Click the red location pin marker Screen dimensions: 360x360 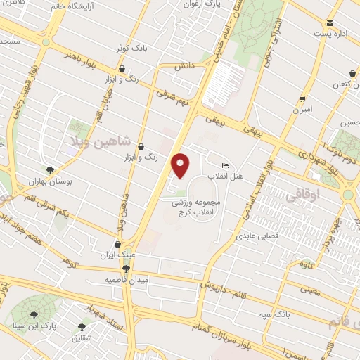pyautogui.click(x=181, y=165)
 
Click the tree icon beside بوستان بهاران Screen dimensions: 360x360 pyautogui.click(x=50, y=169)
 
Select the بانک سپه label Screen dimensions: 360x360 pyautogui.click(x=281, y=312)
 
